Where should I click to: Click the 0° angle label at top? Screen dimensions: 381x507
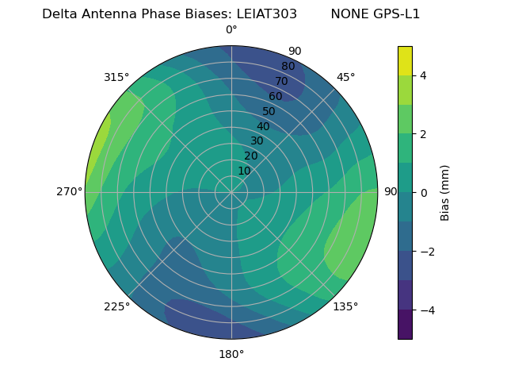[231, 30]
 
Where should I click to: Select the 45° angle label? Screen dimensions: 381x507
[345, 77]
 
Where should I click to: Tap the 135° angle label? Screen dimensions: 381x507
[345, 307]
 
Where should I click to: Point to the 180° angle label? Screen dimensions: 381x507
[231, 354]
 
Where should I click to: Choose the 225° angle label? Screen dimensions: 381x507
[116, 307]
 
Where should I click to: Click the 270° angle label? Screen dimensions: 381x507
[70, 192]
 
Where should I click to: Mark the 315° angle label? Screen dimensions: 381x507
[116, 77]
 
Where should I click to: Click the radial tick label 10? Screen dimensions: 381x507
[244, 171]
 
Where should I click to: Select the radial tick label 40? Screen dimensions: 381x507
[263, 126]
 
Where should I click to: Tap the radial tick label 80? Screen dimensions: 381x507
[288, 67]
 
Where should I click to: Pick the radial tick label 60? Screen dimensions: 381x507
[275, 97]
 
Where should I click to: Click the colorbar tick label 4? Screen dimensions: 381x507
[423, 75]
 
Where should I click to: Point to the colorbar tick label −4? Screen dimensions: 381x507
[426, 310]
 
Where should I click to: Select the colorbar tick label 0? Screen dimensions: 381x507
[423, 193]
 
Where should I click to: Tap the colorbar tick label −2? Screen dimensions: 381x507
[426, 252]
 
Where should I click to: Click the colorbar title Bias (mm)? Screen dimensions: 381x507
[445, 193]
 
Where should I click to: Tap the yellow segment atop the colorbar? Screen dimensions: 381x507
[405, 61]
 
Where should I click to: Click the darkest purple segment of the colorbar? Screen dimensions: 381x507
[405, 325]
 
